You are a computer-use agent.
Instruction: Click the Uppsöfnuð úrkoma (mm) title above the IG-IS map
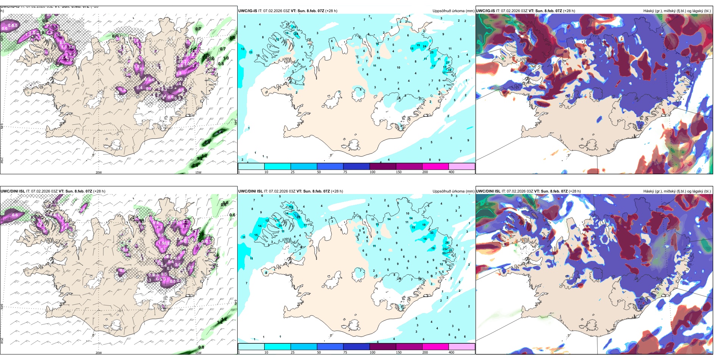click(453, 11)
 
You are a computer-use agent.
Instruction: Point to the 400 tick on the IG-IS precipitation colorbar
click(451, 172)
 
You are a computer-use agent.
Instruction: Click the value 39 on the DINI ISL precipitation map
click(299, 217)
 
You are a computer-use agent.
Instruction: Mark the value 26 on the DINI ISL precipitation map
click(447, 243)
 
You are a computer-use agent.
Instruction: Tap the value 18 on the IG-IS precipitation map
click(450, 70)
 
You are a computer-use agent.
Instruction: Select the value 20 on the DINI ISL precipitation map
click(280, 225)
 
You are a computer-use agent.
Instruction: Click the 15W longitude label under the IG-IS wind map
click(198, 172)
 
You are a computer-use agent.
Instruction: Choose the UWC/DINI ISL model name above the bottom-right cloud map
click(488, 191)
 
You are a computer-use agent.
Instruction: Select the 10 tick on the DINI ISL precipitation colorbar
click(266, 352)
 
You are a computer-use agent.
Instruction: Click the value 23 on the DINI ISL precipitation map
click(445, 249)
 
